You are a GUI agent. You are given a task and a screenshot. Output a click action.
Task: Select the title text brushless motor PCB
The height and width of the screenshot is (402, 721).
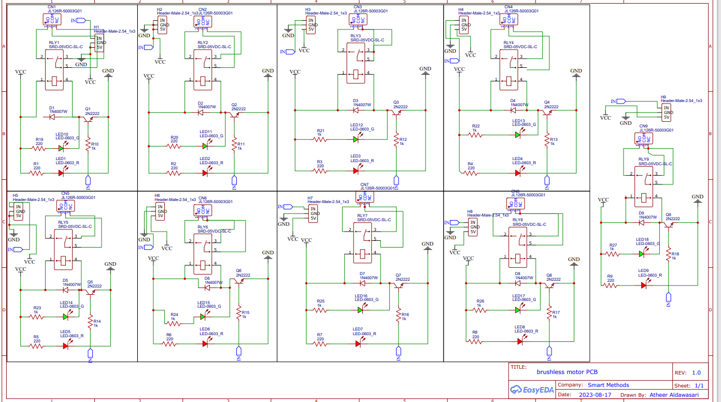[x=567, y=372]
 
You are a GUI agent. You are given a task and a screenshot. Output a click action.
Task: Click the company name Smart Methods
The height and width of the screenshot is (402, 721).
[x=608, y=385]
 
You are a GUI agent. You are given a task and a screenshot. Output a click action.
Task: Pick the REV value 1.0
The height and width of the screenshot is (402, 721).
[x=696, y=372]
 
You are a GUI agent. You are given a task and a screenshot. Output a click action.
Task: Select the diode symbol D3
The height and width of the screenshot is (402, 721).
[x=356, y=110]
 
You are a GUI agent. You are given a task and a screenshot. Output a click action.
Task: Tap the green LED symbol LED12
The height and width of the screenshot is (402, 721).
[x=356, y=139]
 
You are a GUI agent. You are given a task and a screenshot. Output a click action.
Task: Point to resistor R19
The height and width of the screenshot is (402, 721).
[x=39, y=149]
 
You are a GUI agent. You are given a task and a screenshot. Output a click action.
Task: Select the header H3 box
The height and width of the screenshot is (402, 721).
[x=311, y=25]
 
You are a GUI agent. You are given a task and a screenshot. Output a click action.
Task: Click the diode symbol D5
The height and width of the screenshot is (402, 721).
[x=66, y=290]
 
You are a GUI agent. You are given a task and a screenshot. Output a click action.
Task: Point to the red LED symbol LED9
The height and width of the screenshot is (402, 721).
[x=644, y=285]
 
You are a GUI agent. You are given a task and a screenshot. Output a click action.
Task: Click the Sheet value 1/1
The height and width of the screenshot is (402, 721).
[x=699, y=385]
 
